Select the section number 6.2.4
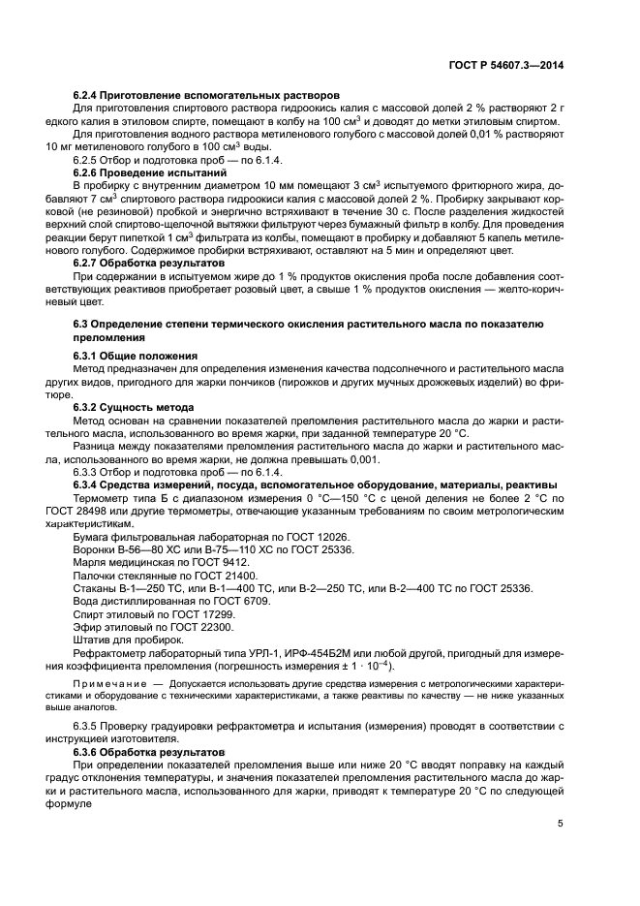88,96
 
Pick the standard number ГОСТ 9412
224,562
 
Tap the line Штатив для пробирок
128,640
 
